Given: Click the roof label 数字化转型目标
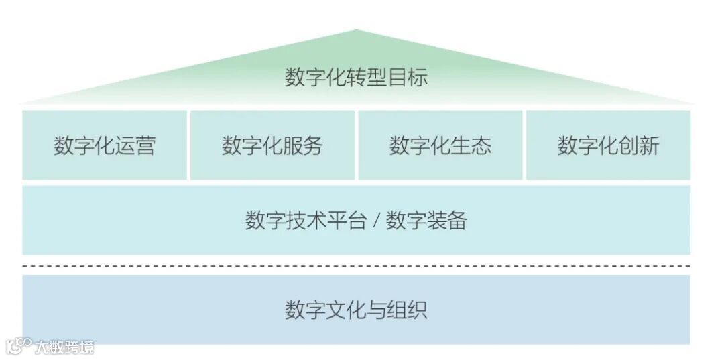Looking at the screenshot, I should tap(356, 78).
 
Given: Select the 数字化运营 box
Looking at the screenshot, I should tap(105, 145).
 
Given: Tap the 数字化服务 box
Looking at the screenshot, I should tap(272, 145).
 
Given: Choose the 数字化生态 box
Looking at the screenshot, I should tap(440, 145).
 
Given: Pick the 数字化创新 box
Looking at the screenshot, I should tap(608, 145).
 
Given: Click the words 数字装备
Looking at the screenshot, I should tap(426, 221).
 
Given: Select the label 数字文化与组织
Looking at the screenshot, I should tap(356, 310).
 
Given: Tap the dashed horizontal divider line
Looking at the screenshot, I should tap(356, 266).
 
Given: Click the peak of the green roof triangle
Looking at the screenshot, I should tap(356, 31).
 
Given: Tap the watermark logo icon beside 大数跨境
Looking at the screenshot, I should tap(19, 345).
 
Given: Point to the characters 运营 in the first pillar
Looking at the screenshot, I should tap(139, 145).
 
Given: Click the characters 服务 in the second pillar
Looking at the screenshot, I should tap(306, 145).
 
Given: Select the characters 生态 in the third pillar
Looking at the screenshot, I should tap(475, 145).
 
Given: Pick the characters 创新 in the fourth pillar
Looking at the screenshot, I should tap(642, 145).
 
